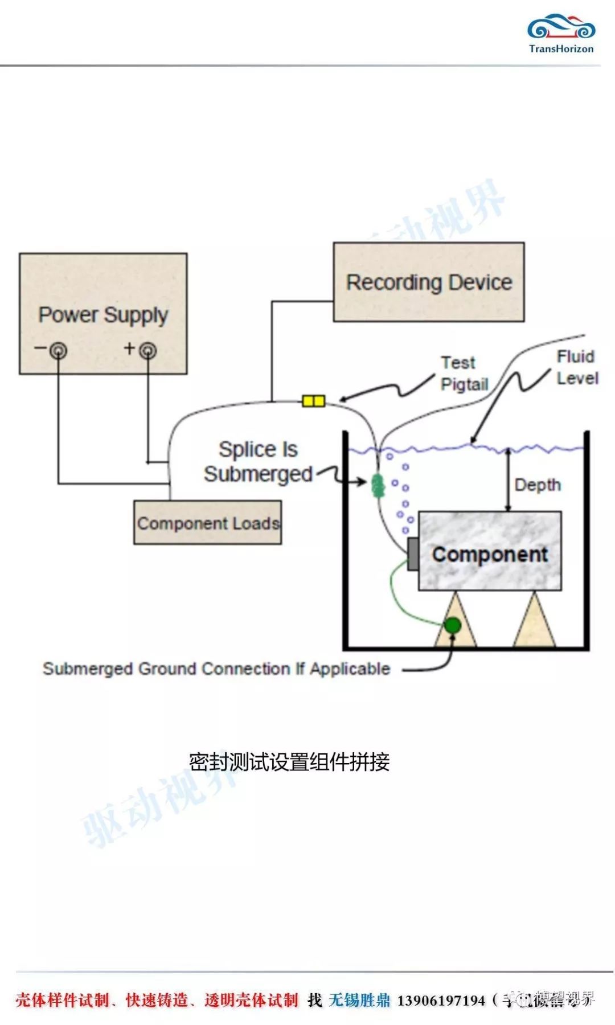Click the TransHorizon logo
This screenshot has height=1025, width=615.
[x=561, y=34]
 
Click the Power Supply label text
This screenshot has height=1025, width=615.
[x=103, y=314]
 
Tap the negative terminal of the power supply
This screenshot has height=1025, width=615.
[x=58, y=350]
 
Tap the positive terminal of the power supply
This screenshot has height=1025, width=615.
[x=147, y=350]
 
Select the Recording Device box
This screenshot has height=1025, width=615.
[x=428, y=282]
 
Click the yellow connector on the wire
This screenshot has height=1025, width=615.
[x=313, y=401]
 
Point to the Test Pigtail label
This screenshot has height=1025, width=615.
[x=464, y=374]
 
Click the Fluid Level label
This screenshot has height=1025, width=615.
[x=576, y=367]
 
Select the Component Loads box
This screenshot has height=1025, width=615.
[x=207, y=523]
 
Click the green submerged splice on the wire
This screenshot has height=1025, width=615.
[x=378, y=486]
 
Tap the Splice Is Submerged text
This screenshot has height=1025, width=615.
[x=258, y=462]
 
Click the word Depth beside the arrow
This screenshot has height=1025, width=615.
[x=538, y=485]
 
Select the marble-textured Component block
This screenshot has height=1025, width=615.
[x=490, y=551]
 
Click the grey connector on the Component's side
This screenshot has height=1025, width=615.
[x=413, y=553]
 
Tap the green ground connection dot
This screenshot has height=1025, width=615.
[x=452, y=625]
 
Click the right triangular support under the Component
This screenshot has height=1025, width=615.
[x=534, y=624]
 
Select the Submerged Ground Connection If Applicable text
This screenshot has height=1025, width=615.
[x=216, y=669]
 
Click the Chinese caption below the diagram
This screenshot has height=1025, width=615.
[x=289, y=762]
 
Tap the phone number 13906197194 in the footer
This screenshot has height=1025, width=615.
[x=441, y=1001]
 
